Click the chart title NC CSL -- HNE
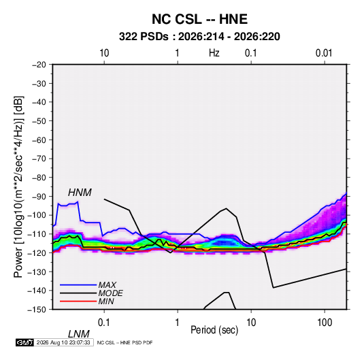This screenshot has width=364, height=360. point(199,19)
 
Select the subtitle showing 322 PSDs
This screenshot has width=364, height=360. point(199,37)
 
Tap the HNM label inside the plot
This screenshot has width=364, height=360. point(80,193)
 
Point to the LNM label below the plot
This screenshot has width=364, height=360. point(79,334)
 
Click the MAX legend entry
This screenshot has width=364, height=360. point(107,284)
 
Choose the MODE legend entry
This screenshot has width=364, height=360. point(110,293)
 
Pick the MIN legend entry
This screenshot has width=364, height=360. point(106,301)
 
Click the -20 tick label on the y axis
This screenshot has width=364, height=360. point(39,65)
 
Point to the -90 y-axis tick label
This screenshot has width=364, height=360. point(39,197)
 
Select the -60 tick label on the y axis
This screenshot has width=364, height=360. point(39,140)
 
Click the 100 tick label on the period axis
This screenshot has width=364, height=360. point(325,322)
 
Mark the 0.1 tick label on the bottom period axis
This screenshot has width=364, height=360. point(104,322)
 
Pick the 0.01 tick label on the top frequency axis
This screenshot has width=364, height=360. point(324,53)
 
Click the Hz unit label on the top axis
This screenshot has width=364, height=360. point(214,53)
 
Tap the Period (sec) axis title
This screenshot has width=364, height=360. point(214,330)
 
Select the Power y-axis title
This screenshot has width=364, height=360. point(18,187)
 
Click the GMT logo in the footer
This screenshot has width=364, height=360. point(24,342)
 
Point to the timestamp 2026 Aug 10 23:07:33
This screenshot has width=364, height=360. point(63,342)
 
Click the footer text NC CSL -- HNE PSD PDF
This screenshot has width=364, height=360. point(125,342)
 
